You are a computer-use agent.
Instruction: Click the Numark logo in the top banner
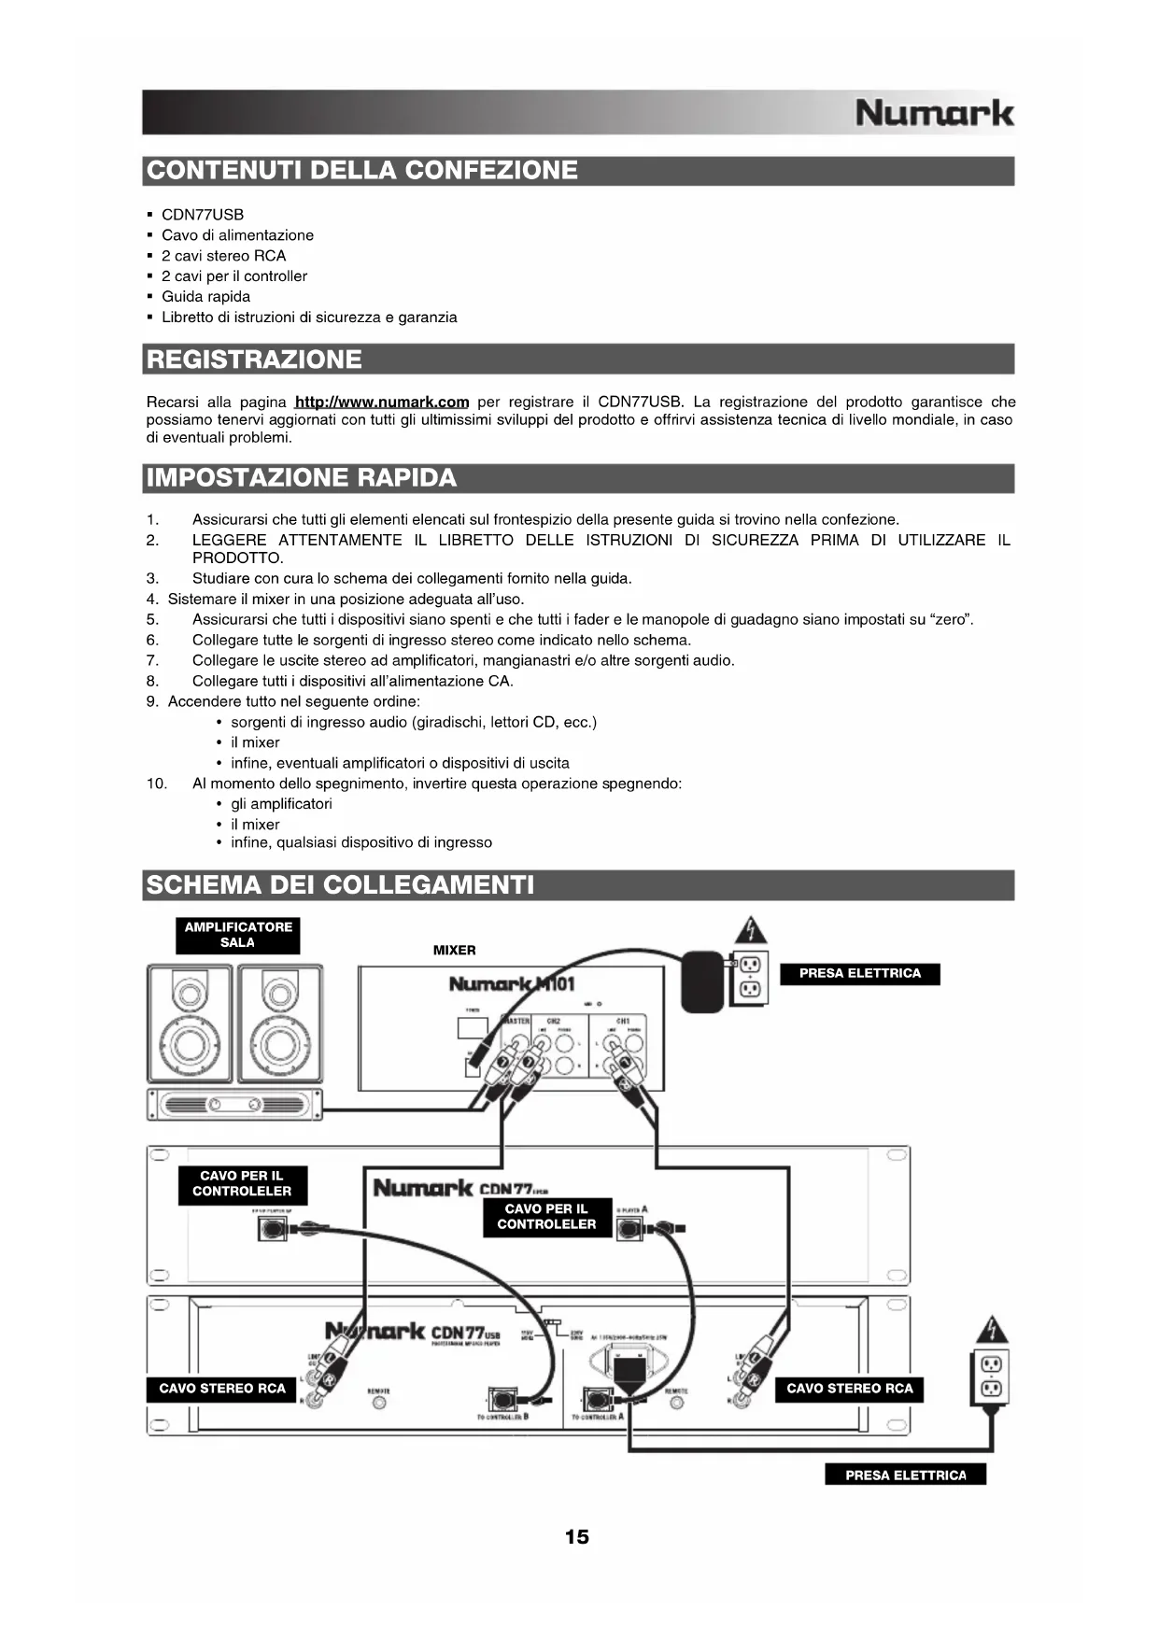934,113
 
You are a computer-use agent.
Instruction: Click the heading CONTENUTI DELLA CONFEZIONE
362,171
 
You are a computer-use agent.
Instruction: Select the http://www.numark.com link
381,402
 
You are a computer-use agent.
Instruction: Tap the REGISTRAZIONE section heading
254,360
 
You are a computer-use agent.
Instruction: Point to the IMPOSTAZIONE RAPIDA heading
302,478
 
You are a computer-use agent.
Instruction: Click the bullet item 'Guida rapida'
205,297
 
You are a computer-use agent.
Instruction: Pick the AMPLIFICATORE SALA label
238,935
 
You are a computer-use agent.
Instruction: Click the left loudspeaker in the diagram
190,1024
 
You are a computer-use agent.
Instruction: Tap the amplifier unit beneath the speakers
233,1105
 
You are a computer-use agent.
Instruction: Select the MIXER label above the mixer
455,951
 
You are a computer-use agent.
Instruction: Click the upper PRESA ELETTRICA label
859,974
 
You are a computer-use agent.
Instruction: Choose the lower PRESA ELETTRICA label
905,1476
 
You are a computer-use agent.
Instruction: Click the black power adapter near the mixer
702,981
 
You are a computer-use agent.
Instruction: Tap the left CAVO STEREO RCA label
222,1389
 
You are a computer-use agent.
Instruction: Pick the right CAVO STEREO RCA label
849,1389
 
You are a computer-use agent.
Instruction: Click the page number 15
577,1537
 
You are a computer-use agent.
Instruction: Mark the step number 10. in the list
157,784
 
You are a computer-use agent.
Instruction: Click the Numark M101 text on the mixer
512,984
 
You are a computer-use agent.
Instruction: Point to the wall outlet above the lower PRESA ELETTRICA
991,1376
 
